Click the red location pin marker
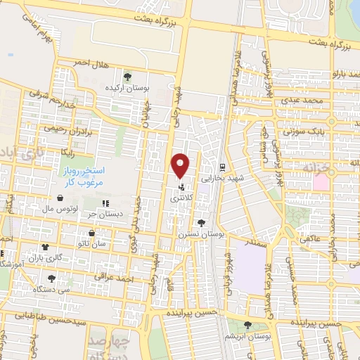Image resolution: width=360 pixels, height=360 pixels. click(x=181, y=165)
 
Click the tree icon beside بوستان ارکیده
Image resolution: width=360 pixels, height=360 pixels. click(x=127, y=77)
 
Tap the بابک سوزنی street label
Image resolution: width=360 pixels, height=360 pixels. click(x=301, y=131)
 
